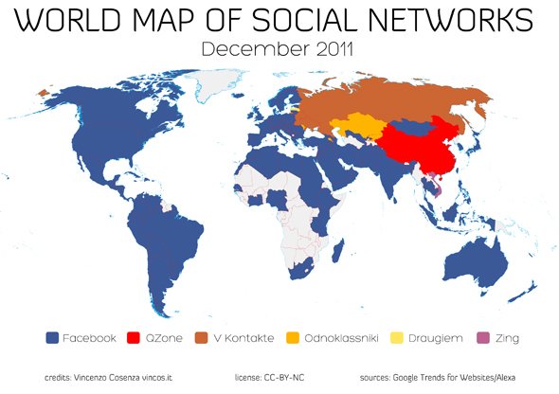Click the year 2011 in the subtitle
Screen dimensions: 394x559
pyautogui.click(x=328, y=48)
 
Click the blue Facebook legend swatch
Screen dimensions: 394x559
pyautogui.click(x=53, y=337)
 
